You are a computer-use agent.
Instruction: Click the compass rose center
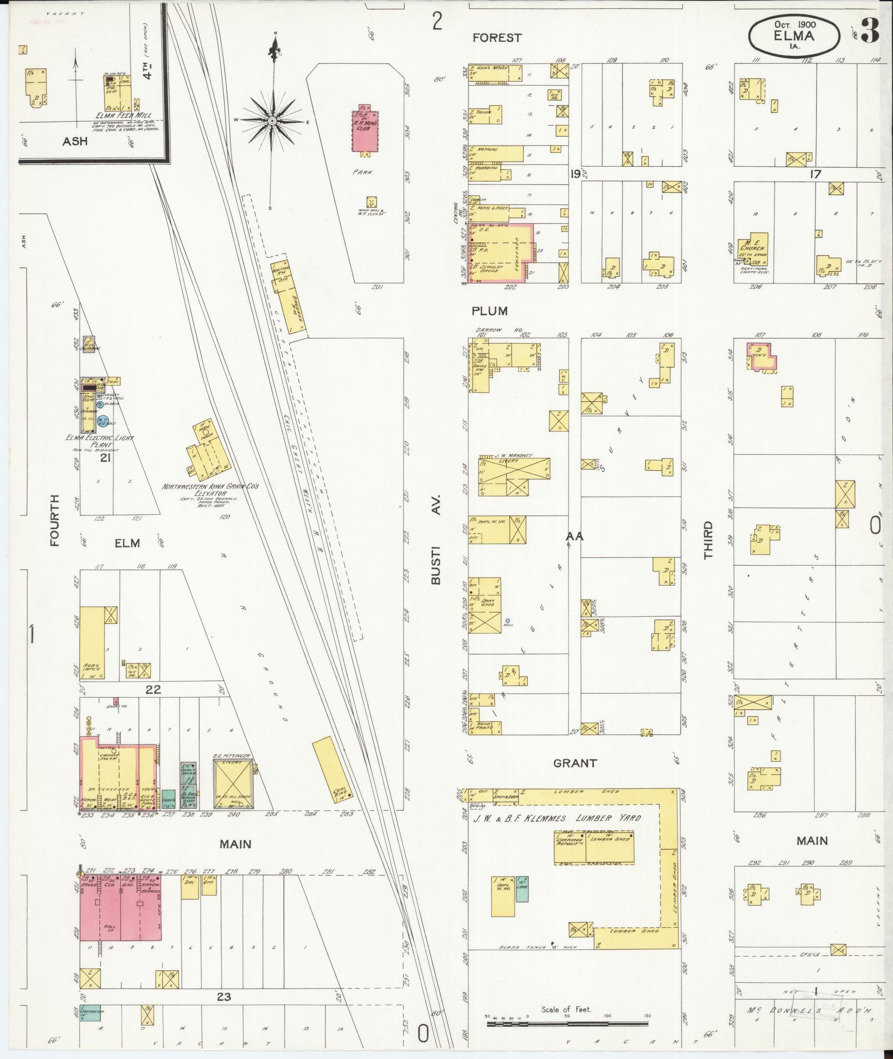273,120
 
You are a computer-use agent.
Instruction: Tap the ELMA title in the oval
794,36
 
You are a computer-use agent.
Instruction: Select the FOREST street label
497,38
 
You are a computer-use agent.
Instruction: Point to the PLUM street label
489,311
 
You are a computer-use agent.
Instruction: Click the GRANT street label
575,763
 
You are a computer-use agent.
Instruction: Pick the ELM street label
127,543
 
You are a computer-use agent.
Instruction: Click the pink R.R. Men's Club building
364,130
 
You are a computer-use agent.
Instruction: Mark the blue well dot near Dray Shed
508,621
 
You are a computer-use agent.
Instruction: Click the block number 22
153,689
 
